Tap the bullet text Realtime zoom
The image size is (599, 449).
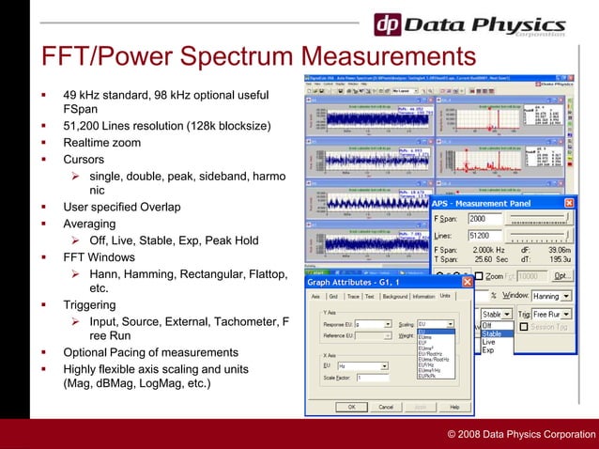point(101,143)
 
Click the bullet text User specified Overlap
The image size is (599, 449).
point(121,207)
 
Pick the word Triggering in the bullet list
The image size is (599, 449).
point(89,305)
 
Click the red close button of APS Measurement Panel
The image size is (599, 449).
point(569,202)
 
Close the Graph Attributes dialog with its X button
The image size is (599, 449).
point(467,282)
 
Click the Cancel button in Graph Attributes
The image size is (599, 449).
point(386,407)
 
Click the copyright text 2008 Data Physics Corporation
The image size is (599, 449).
point(521,434)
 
